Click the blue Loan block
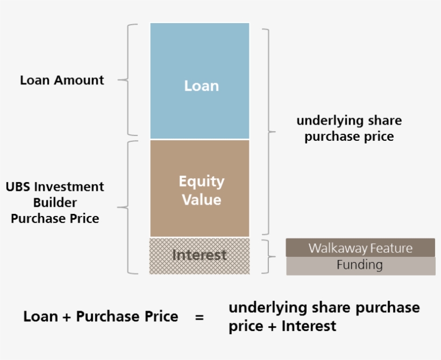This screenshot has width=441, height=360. click(200, 81)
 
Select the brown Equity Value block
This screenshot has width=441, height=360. click(200, 188)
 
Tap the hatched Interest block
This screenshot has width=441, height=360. click(200, 255)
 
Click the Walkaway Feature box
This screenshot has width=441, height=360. click(360, 248)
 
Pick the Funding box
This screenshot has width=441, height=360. click(360, 265)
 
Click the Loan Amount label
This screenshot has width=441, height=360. click(62, 80)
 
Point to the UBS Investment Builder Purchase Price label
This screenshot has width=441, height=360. click(55, 203)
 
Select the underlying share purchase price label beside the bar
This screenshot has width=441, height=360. click(349, 128)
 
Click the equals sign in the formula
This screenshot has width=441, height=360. click(200, 317)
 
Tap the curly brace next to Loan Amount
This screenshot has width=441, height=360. click(129, 80)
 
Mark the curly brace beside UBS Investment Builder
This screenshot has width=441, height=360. click(129, 207)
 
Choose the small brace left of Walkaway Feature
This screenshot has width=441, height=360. click(269, 256)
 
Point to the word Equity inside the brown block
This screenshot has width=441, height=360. click(202, 182)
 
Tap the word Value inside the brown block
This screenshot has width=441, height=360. click(202, 200)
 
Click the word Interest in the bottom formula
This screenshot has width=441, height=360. click(309, 326)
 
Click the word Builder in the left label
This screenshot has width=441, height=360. click(55, 203)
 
